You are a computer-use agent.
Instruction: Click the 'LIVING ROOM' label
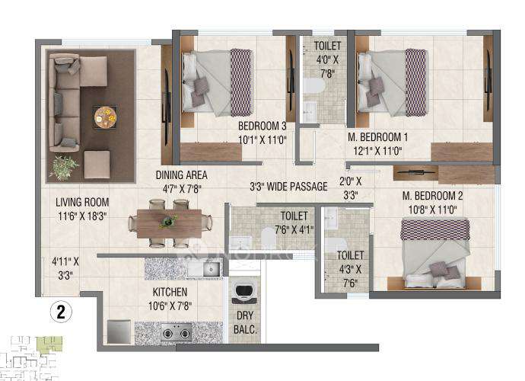82,203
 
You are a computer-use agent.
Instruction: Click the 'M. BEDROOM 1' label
378,138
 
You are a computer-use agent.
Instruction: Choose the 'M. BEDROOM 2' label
432,196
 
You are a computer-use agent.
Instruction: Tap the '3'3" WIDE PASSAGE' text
288,187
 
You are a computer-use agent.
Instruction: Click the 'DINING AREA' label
182,174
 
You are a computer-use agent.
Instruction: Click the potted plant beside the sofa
63,167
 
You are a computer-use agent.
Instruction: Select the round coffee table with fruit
105,118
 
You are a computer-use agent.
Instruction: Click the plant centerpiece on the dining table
168,222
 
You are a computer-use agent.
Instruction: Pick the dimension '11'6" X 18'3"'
82,216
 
